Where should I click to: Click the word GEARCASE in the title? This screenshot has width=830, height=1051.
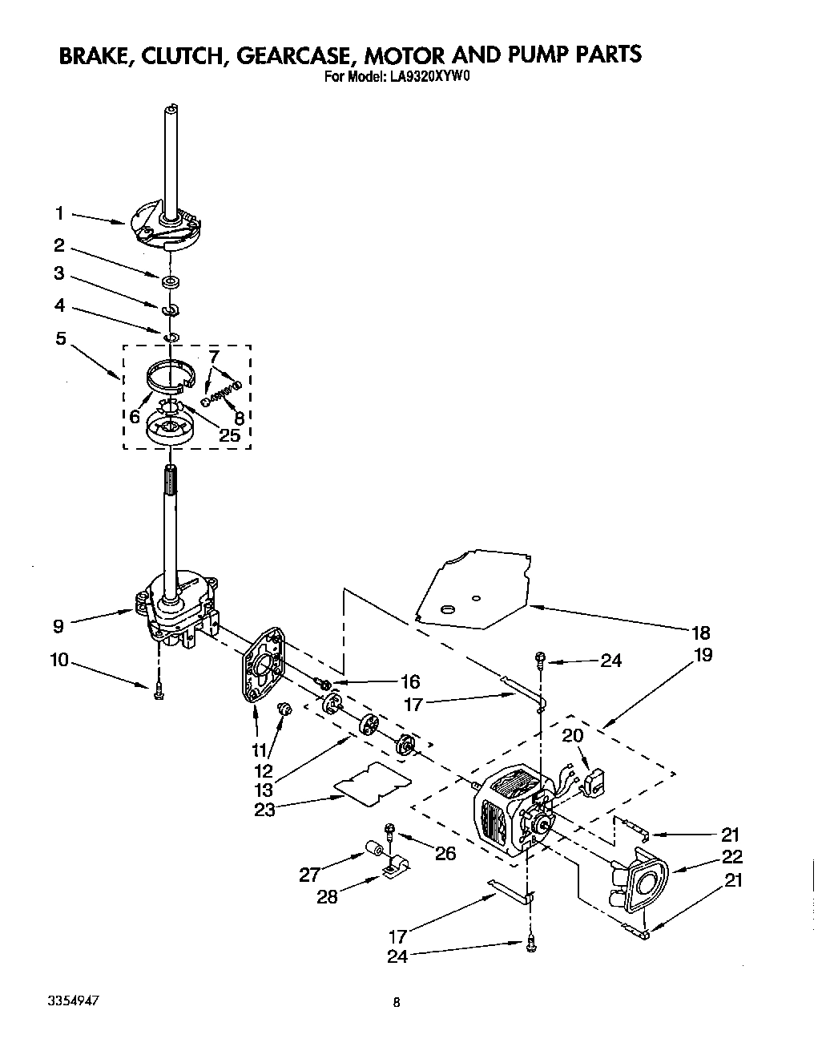point(290,55)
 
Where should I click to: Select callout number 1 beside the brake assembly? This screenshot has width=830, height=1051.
point(58,213)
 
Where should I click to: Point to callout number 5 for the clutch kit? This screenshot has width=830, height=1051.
point(60,338)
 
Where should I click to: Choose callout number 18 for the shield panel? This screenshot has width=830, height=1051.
point(700,633)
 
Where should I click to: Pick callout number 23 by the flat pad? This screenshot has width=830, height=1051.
point(264,809)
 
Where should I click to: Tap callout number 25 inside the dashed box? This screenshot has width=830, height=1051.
point(229,435)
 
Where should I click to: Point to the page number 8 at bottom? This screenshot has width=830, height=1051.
point(397,1001)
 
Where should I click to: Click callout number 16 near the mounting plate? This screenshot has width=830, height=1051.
point(409,682)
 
